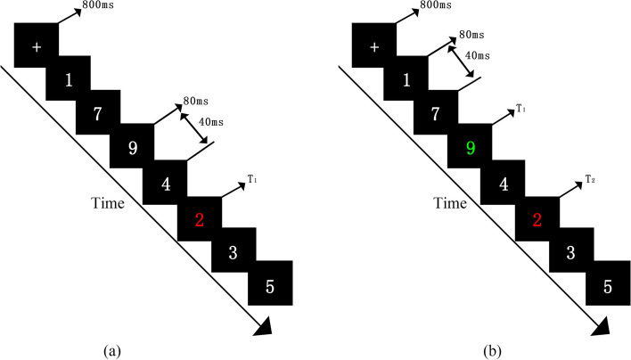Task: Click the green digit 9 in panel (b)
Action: (x=471, y=149)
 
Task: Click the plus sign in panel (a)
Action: (x=36, y=46)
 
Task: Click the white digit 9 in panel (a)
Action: (x=133, y=149)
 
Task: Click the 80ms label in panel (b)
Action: (x=471, y=37)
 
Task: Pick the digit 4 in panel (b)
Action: (x=504, y=185)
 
